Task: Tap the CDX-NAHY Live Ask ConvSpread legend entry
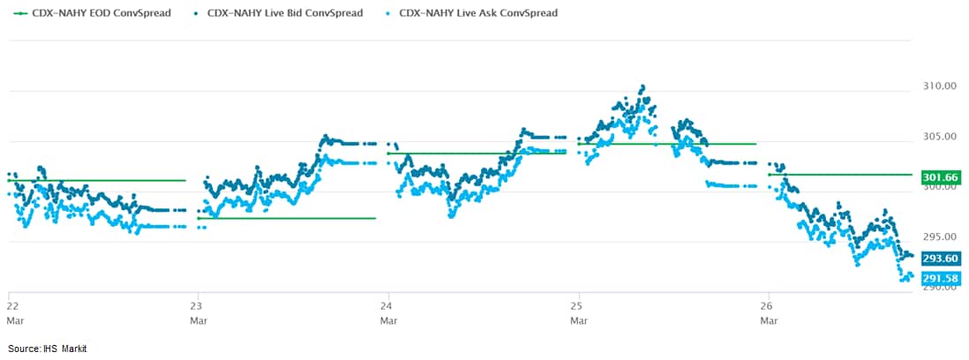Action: [x=477, y=13]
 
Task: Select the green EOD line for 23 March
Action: [x=287, y=218]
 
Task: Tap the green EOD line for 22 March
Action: [x=97, y=180]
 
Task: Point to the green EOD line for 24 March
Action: [x=477, y=153]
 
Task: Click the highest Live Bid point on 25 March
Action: [x=642, y=86]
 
